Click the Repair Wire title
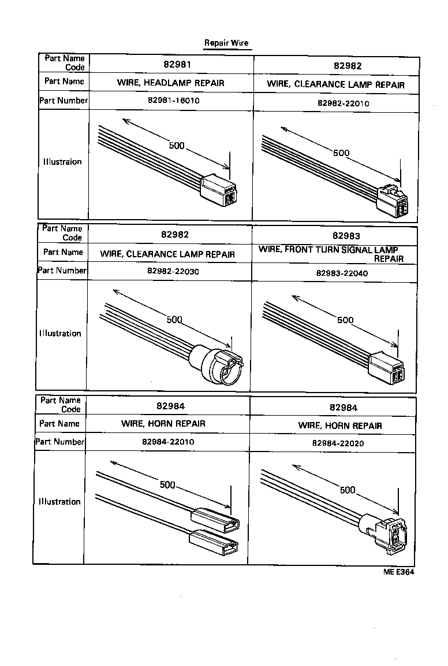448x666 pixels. (x=226, y=43)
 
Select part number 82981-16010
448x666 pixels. (x=171, y=100)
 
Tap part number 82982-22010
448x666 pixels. (x=343, y=103)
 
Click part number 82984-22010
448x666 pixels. (x=167, y=442)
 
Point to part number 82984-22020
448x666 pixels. (x=338, y=443)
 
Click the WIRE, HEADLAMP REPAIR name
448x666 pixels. (x=171, y=83)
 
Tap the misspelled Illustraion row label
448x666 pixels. (x=62, y=162)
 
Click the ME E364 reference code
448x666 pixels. (x=398, y=572)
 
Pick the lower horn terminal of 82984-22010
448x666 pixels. (x=214, y=543)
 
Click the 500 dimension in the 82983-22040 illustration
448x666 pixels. (x=345, y=320)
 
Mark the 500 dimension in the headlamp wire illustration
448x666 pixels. (x=177, y=146)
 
